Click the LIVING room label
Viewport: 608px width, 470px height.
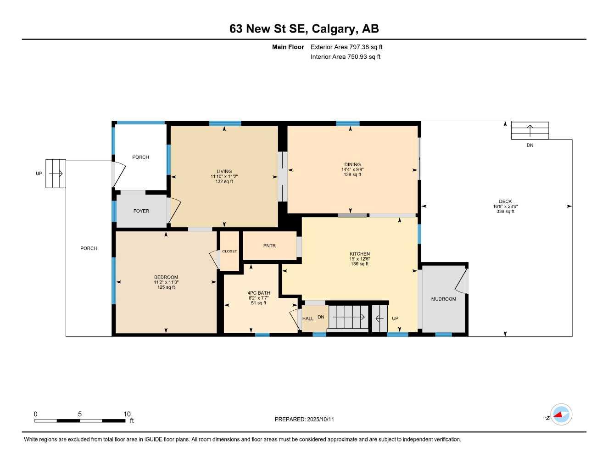point(224,172)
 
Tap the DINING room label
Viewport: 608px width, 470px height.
point(352,164)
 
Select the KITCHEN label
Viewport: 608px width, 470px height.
point(359,254)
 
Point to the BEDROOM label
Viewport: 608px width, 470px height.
point(166,277)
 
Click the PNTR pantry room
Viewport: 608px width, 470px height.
point(269,246)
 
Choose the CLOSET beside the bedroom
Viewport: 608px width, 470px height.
point(229,252)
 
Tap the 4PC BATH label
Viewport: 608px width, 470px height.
point(258,293)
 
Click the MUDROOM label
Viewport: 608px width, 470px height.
point(443,299)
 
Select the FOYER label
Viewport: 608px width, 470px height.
point(141,211)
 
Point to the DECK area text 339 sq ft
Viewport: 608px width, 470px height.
point(505,212)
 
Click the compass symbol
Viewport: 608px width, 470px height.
point(561,415)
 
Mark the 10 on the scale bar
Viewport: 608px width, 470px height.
point(127,414)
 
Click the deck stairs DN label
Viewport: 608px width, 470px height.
point(530,145)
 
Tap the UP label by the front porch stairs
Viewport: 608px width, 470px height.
point(39,173)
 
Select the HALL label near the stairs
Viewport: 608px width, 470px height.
point(308,319)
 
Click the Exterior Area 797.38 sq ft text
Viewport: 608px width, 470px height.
point(346,47)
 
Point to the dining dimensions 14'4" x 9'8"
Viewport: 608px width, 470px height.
point(352,169)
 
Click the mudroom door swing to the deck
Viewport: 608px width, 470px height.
point(461,280)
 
